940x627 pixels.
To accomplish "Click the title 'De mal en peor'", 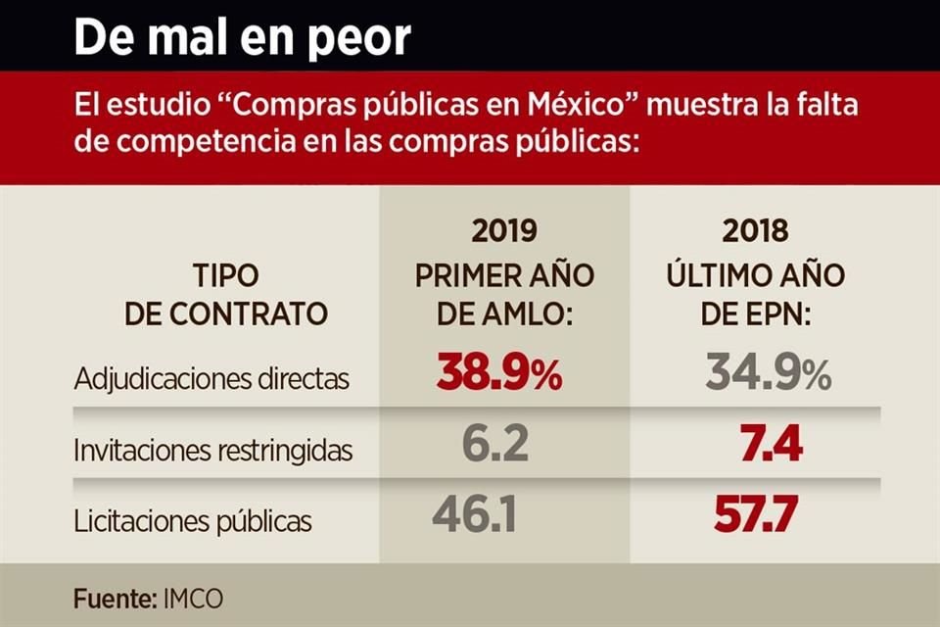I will click(242, 37).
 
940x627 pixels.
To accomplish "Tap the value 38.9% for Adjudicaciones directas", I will click(499, 374).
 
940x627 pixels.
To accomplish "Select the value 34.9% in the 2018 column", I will click(769, 374).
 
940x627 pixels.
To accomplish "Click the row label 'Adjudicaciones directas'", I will click(211, 379).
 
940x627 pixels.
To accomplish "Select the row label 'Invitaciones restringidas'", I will click(213, 451).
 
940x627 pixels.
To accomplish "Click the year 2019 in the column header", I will click(504, 231).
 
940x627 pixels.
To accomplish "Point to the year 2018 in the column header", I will click(755, 231).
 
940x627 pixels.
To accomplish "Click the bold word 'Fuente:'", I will click(110, 598).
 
